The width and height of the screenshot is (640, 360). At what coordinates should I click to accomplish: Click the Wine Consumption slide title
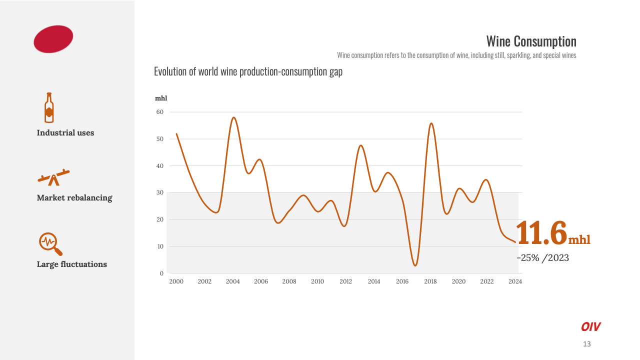click(531, 41)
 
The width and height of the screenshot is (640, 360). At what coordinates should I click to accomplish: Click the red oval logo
click(53, 39)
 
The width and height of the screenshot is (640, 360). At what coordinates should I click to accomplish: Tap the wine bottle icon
click(49, 107)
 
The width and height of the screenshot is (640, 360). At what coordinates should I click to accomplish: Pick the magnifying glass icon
click(50, 243)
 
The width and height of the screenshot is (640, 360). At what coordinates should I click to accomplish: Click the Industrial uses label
click(65, 133)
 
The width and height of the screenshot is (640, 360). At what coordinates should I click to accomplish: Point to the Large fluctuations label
click(72, 264)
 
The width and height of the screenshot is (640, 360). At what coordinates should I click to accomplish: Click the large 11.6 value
click(542, 233)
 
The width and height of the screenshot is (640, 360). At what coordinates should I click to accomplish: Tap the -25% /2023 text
click(542, 258)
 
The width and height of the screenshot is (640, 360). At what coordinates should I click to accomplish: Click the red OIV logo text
click(590, 327)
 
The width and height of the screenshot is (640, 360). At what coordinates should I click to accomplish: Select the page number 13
click(587, 344)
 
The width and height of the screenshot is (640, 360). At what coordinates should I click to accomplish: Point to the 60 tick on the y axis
click(160, 112)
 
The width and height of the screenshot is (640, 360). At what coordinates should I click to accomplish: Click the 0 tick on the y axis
click(161, 273)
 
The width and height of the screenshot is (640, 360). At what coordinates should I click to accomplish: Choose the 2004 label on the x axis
click(233, 281)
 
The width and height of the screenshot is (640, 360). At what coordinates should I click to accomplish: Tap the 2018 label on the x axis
click(430, 281)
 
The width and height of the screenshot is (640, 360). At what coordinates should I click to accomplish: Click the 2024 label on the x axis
click(515, 281)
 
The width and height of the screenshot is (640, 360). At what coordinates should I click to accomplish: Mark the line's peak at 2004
click(233, 117)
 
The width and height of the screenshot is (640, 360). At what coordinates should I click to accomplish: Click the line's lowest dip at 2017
click(415, 265)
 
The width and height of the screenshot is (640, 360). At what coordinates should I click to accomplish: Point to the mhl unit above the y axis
click(161, 98)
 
